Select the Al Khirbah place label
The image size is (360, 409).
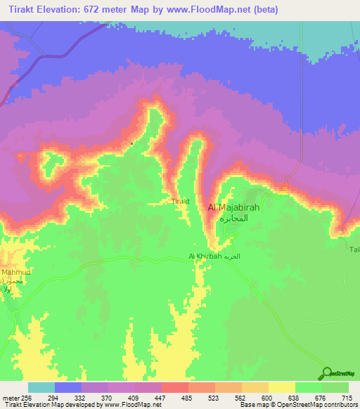coord(204,257)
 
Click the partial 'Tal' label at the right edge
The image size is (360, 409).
coord(354,249)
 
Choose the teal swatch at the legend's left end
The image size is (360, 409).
coord(41,387)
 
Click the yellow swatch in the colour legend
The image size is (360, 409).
coord(282,387)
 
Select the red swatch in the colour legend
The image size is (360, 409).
coord(175,387)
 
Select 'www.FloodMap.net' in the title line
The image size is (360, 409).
coord(204,10)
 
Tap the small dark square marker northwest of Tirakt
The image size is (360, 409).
coord(132,144)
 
